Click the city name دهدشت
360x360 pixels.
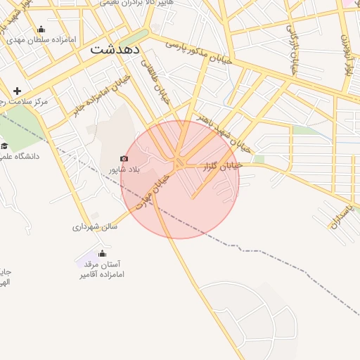116,50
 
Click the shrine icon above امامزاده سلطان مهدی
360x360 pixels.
41,29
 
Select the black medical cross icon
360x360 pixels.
17,91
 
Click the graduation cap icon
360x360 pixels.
4,146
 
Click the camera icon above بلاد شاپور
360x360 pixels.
124,159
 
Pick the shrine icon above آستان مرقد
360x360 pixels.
103,253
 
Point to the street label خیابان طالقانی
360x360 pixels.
155,81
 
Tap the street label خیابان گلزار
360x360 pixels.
222,165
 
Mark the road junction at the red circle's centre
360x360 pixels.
180,164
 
